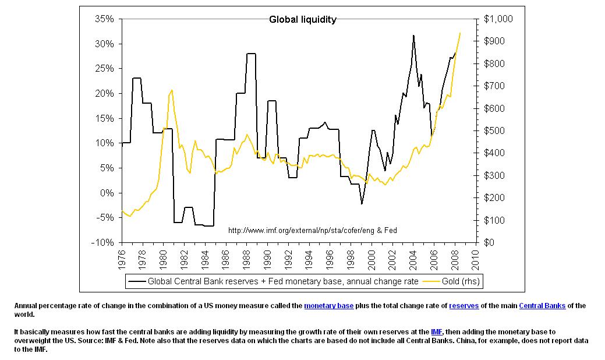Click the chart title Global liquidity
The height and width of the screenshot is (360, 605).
[x=302, y=20]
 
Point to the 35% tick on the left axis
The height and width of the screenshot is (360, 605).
[x=105, y=19]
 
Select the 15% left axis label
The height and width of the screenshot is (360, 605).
[x=105, y=118]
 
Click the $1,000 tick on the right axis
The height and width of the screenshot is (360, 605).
[x=498, y=19]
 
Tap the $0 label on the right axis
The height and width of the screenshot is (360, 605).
[x=489, y=242]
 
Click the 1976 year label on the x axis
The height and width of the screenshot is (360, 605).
[x=122, y=259]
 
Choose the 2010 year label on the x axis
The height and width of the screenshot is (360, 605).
[x=476, y=259]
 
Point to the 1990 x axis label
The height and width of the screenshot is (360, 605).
[x=268, y=259]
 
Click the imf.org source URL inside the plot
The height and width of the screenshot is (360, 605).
[x=313, y=231]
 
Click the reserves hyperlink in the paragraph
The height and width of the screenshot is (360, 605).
[x=462, y=306]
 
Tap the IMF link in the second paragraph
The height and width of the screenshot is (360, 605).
[x=437, y=331]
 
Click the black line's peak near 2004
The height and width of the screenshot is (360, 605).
[x=413, y=36]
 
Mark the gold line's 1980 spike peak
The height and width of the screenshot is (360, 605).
[x=172, y=90]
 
